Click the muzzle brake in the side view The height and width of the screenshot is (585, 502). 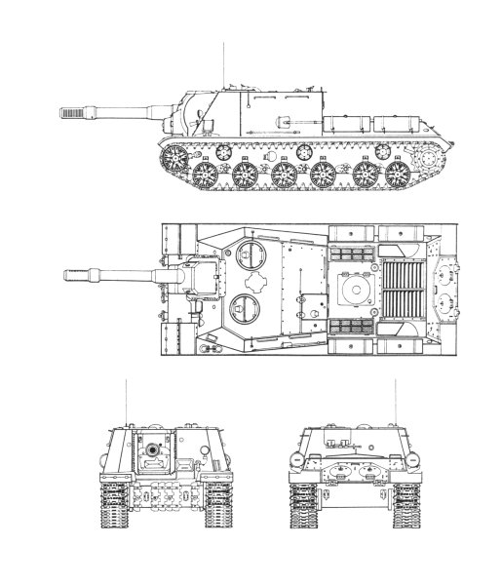coord(73,113)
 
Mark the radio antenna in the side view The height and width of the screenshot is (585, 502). coord(225,63)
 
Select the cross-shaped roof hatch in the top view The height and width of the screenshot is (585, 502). coord(257,282)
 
